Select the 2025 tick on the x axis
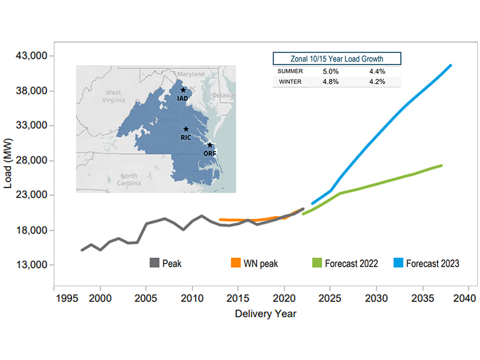click(x=329, y=298)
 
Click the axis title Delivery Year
click(x=266, y=314)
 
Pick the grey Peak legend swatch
click(x=155, y=263)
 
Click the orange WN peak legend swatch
click(x=236, y=263)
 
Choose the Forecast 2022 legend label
click(x=352, y=264)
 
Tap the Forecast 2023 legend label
click(x=432, y=264)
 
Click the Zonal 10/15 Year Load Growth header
click(x=336, y=59)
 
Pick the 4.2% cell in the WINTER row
click(x=377, y=82)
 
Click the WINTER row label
click(x=290, y=82)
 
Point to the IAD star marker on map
click(x=183, y=90)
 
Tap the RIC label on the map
click(x=186, y=138)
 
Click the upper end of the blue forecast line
click(x=450, y=66)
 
